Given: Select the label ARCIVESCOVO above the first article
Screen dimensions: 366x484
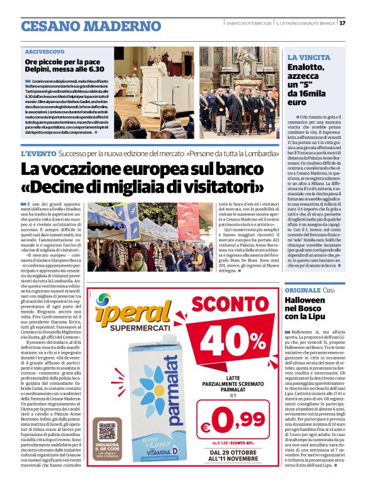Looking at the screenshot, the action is [45, 52].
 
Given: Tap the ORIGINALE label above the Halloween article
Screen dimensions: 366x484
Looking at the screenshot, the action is [302, 289].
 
